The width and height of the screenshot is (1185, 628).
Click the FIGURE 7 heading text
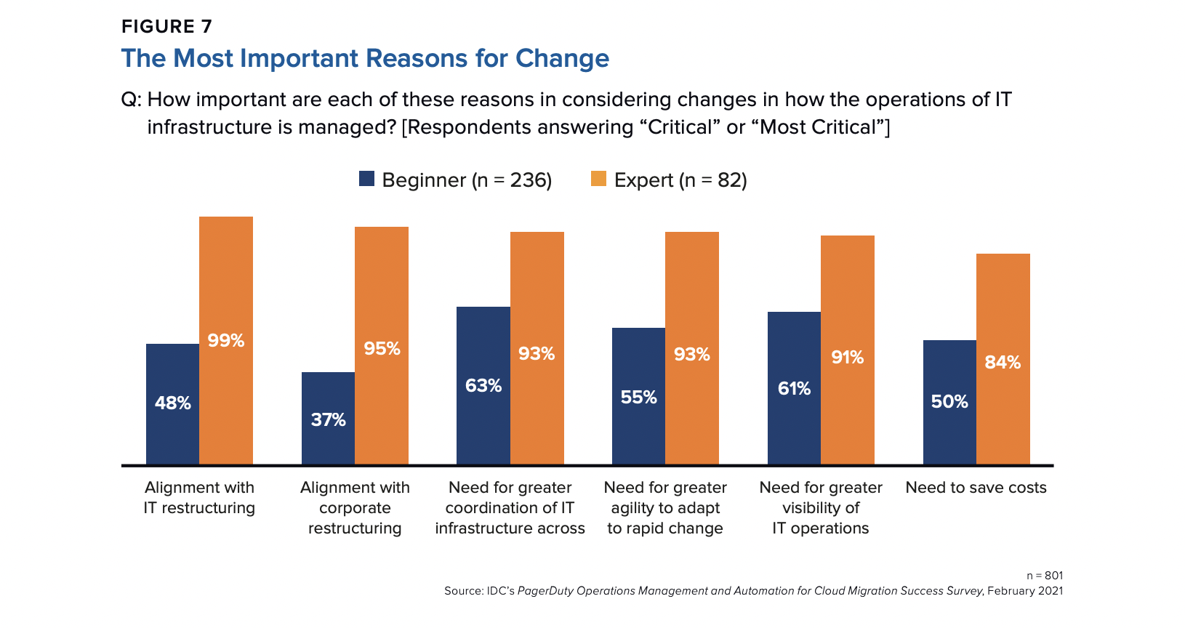[x=166, y=27]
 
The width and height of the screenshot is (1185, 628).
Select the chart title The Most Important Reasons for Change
[x=365, y=58]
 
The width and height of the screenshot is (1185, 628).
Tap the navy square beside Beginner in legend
[x=366, y=179]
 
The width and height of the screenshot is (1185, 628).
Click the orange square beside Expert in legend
[x=598, y=179]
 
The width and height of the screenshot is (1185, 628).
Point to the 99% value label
[x=226, y=340]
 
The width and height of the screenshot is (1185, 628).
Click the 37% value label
[x=329, y=419]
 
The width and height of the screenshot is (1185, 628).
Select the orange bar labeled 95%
[x=382, y=291]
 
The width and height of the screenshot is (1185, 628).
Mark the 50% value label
[x=949, y=401]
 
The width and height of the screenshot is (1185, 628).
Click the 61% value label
[x=794, y=388]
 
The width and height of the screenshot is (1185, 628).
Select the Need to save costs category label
[x=976, y=488]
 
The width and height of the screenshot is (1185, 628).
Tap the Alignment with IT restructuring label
[x=199, y=498]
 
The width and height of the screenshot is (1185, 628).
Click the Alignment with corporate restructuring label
[x=355, y=508]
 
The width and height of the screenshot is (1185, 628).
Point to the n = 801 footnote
[x=1045, y=576]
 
